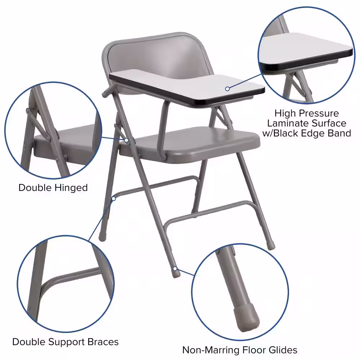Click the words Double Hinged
click(53, 188)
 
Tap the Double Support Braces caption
click(65, 341)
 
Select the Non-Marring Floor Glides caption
click(239, 350)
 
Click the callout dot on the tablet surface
click(228, 89)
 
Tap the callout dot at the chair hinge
click(127, 140)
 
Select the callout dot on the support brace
click(114, 198)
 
